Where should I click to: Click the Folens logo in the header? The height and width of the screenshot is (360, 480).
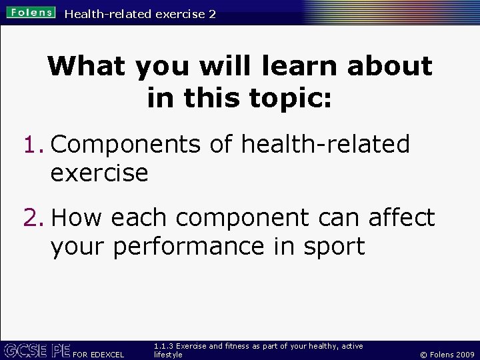tap(31, 13)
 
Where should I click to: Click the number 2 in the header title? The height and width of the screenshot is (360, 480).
tap(212, 13)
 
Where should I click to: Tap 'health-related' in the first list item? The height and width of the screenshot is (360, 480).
tap(325, 144)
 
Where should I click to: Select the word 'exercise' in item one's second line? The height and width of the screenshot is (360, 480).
tap(99, 173)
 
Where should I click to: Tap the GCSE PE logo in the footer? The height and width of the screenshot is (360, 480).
tap(37, 350)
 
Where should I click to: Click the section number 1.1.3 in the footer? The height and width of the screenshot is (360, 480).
tap(164, 346)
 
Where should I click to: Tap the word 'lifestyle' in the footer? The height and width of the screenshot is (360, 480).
tap(168, 355)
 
